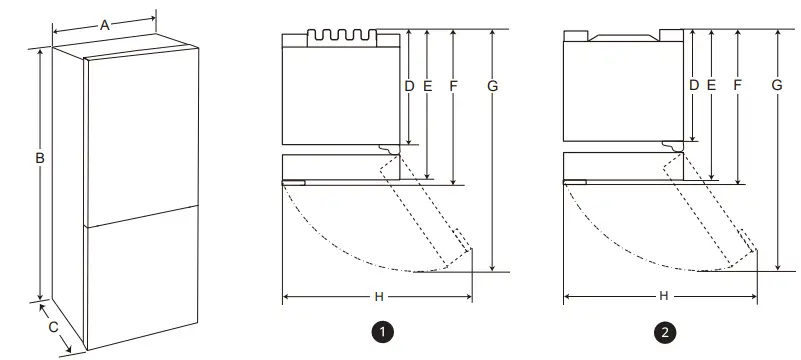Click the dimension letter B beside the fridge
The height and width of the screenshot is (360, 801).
(x=38, y=158)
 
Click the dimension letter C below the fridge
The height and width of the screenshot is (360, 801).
(x=53, y=327)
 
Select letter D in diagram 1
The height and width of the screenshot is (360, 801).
(x=409, y=86)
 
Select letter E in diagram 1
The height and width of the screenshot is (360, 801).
(x=427, y=86)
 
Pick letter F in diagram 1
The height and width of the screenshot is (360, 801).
(x=453, y=86)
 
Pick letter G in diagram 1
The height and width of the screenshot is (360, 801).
(x=492, y=86)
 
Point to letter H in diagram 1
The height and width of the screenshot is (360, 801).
(x=378, y=297)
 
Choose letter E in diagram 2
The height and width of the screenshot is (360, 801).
(x=711, y=86)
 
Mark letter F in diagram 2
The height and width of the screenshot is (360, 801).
(x=737, y=86)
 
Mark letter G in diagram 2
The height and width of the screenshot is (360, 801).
(x=777, y=86)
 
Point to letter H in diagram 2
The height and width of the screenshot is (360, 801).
(x=663, y=297)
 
